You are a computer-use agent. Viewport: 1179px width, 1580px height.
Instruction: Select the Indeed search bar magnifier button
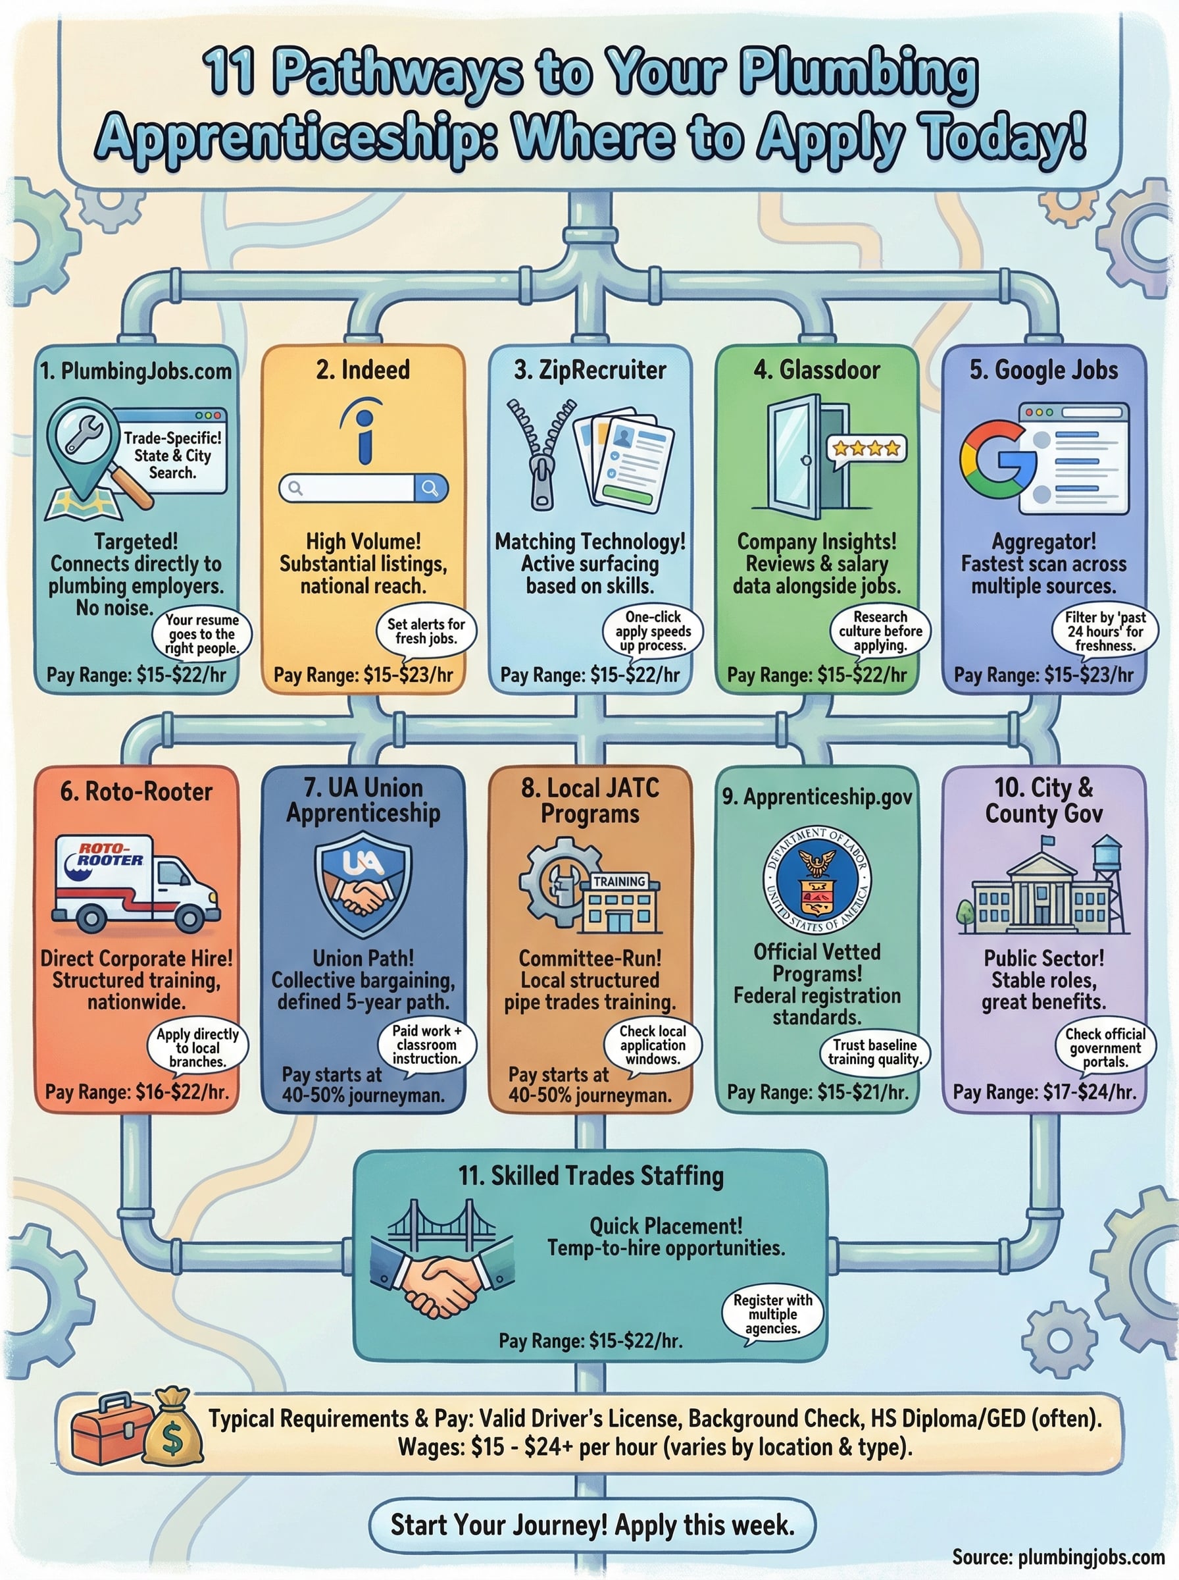pos(430,488)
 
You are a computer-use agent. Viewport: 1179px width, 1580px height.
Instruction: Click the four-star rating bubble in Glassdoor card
pos(866,448)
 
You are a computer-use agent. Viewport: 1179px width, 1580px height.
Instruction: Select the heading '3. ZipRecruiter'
pos(590,370)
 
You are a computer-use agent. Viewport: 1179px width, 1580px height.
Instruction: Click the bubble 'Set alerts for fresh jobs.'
pos(426,631)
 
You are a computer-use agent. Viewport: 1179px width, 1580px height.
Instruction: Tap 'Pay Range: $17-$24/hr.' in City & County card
pos(1044,1092)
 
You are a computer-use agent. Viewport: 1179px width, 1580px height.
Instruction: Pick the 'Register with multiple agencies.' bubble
pos(773,1313)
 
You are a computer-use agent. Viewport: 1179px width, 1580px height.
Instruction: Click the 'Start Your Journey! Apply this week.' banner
pos(591,1525)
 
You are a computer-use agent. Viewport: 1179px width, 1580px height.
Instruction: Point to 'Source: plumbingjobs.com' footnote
pos(1058,1557)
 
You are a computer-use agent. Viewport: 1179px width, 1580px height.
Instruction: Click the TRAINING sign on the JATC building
pos(618,882)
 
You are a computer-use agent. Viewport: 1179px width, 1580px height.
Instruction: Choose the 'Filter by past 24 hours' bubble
pos(1105,631)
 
